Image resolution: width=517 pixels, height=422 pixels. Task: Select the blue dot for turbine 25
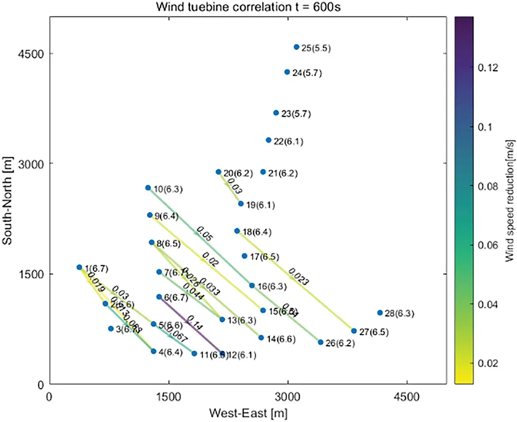tap(296, 47)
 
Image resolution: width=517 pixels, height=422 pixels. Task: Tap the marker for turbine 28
tap(380, 313)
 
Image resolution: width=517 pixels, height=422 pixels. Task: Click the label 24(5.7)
tap(307, 73)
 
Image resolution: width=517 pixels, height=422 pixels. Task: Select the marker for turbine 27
tap(354, 331)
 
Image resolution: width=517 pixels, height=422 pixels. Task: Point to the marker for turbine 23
tap(276, 112)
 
